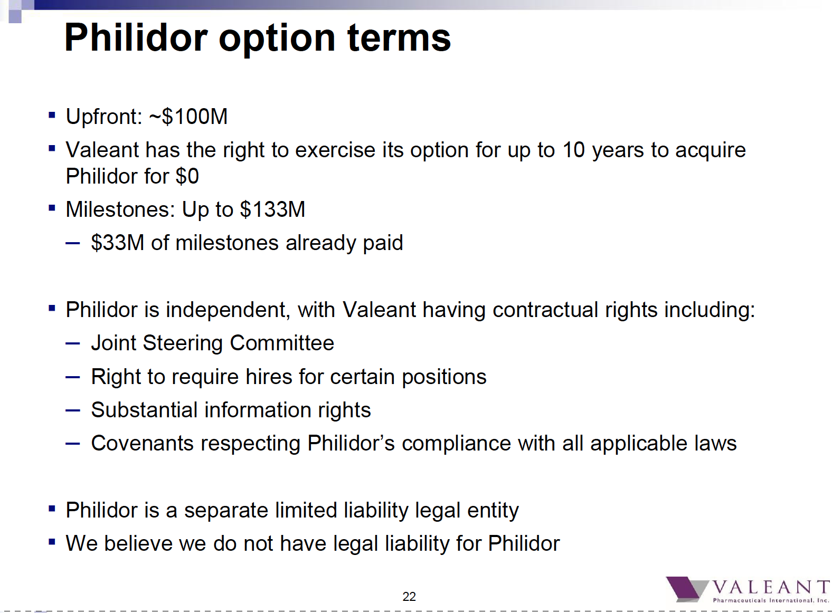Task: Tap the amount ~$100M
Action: (188, 117)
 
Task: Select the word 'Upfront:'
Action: (105, 117)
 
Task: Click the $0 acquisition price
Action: (187, 176)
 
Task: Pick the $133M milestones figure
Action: (272, 209)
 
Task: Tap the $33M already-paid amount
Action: (117, 243)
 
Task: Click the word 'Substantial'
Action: (144, 410)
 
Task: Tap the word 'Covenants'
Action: (142, 444)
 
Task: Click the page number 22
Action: (409, 597)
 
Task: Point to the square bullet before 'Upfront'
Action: (52, 115)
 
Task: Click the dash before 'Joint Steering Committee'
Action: (72, 343)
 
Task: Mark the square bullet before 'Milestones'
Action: (52, 208)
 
